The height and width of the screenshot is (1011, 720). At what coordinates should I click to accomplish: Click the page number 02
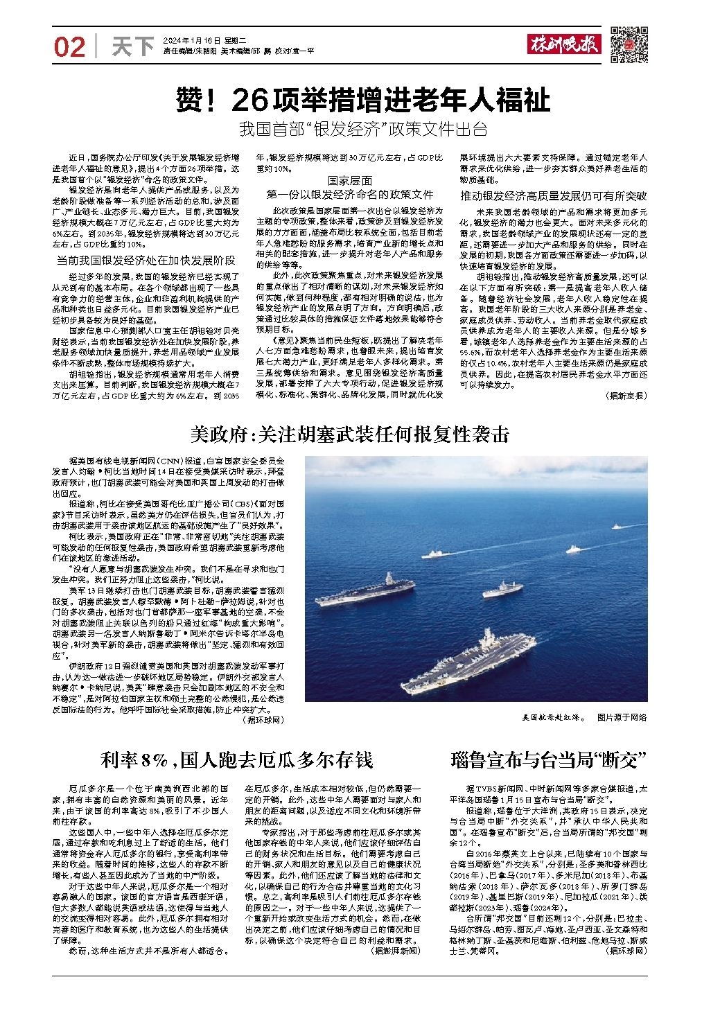pyautogui.click(x=69, y=46)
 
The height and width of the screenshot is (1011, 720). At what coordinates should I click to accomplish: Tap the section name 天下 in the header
pyautogui.click(x=132, y=46)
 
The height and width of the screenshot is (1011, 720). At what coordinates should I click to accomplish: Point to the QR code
pyautogui.click(x=629, y=44)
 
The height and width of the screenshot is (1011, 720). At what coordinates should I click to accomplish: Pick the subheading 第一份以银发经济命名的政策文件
pyautogui.click(x=350, y=195)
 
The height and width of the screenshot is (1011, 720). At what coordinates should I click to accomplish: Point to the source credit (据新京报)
pyautogui.click(x=626, y=396)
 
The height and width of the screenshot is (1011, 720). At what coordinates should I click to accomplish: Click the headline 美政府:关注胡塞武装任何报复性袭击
pyautogui.click(x=350, y=434)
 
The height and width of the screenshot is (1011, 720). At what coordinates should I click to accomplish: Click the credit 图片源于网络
pyautogui.click(x=622, y=718)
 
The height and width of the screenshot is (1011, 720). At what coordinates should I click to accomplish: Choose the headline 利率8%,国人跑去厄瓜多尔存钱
pyautogui.click(x=236, y=760)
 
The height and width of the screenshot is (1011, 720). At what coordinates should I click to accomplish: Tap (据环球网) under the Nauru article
pyautogui.click(x=626, y=951)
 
